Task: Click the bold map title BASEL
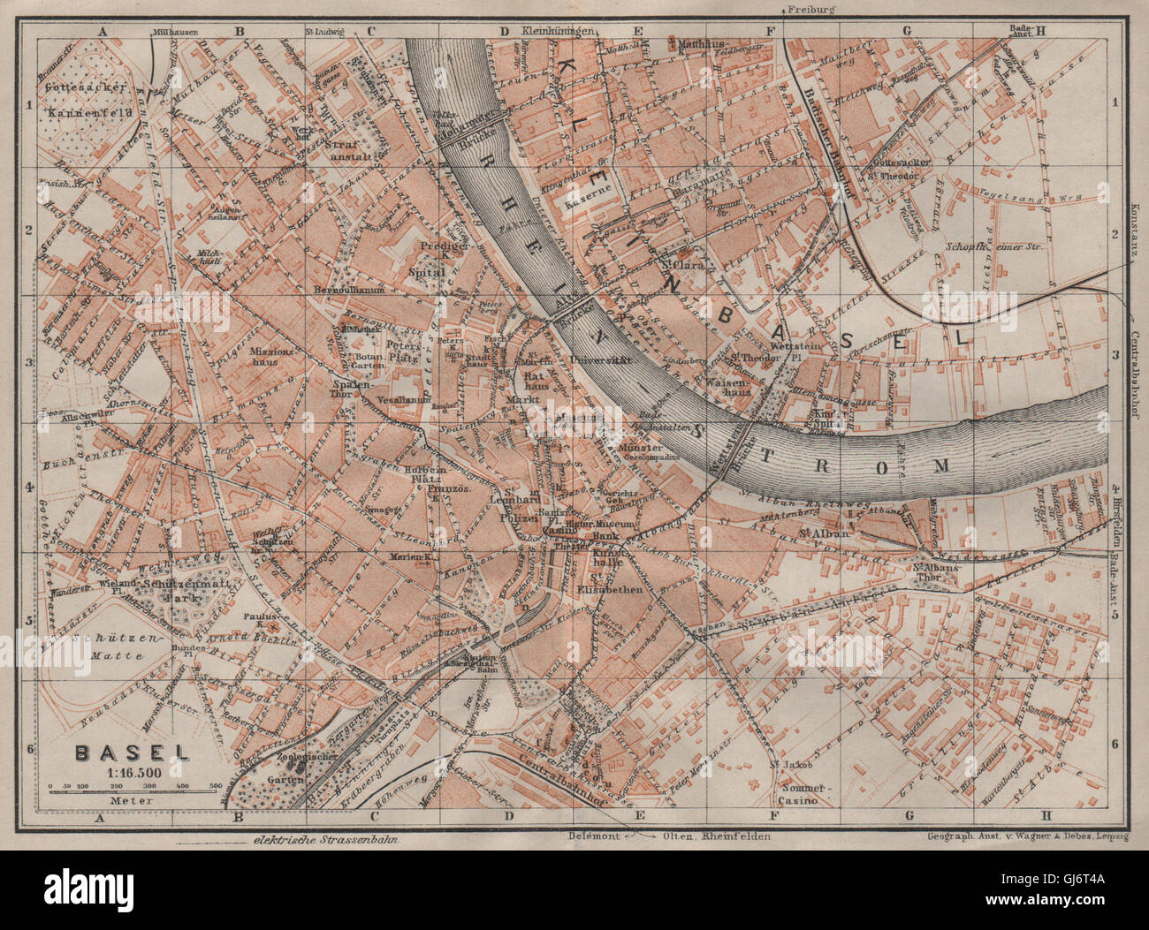click(x=132, y=753)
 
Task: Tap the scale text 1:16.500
click(x=133, y=771)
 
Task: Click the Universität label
click(x=574, y=360)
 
